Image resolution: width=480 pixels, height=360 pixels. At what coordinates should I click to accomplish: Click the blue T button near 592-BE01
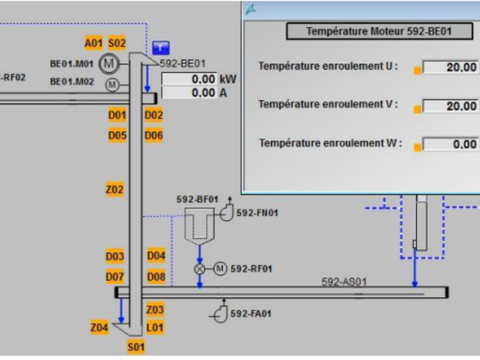pyautogui.click(x=161, y=48)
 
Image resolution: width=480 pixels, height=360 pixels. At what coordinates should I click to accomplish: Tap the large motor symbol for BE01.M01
pyautogui.click(x=108, y=64)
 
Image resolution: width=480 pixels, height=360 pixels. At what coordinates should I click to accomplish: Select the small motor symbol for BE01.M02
pyautogui.click(x=112, y=84)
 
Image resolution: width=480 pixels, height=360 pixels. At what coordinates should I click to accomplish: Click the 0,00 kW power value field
pyautogui.click(x=189, y=79)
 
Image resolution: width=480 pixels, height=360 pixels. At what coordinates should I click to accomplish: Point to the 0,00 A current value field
pyautogui.click(x=189, y=93)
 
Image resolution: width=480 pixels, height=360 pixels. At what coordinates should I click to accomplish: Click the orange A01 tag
pyautogui.click(x=94, y=43)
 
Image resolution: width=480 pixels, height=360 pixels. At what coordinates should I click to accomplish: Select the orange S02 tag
pyautogui.click(x=117, y=43)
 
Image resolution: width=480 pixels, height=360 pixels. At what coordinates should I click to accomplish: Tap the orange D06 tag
pyautogui.click(x=154, y=135)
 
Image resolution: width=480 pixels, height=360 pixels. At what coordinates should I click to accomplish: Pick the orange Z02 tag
pyautogui.click(x=115, y=190)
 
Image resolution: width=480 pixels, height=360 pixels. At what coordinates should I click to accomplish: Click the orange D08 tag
pyautogui.click(x=156, y=277)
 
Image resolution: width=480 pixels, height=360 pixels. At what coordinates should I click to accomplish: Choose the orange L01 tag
pyautogui.click(x=155, y=327)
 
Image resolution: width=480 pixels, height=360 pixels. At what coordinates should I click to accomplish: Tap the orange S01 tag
pyautogui.click(x=136, y=347)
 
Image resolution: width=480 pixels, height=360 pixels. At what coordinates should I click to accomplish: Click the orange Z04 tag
pyautogui.click(x=99, y=327)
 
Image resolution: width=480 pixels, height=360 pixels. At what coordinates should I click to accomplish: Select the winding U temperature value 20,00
pyautogui.click(x=450, y=67)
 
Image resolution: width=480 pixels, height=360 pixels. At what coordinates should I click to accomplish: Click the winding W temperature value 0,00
pyautogui.click(x=450, y=144)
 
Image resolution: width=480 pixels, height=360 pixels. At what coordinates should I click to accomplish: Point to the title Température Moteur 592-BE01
pyautogui.click(x=379, y=31)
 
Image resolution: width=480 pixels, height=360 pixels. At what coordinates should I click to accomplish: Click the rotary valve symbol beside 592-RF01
pyautogui.click(x=200, y=269)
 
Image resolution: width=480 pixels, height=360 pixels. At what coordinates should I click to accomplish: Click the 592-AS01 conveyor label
pyautogui.click(x=344, y=281)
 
